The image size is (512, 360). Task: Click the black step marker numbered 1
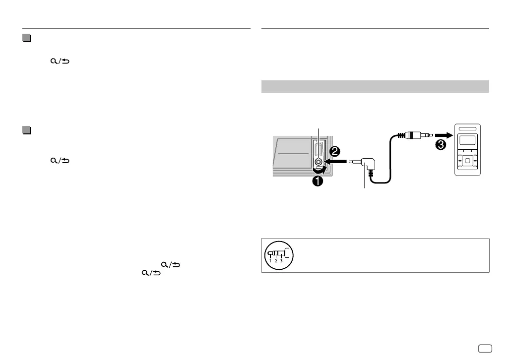(x=317, y=181)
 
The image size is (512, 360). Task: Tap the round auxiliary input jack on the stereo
(x=318, y=162)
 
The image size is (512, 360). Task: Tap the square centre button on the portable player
(x=468, y=162)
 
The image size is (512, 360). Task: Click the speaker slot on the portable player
(x=468, y=129)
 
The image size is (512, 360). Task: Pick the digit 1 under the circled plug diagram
(x=271, y=261)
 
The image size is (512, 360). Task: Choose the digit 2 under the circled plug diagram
(x=276, y=261)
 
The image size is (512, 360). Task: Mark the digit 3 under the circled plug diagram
(x=282, y=261)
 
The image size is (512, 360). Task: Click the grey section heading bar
(x=375, y=86)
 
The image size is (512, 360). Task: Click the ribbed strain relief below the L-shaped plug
(x=372, y=174)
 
